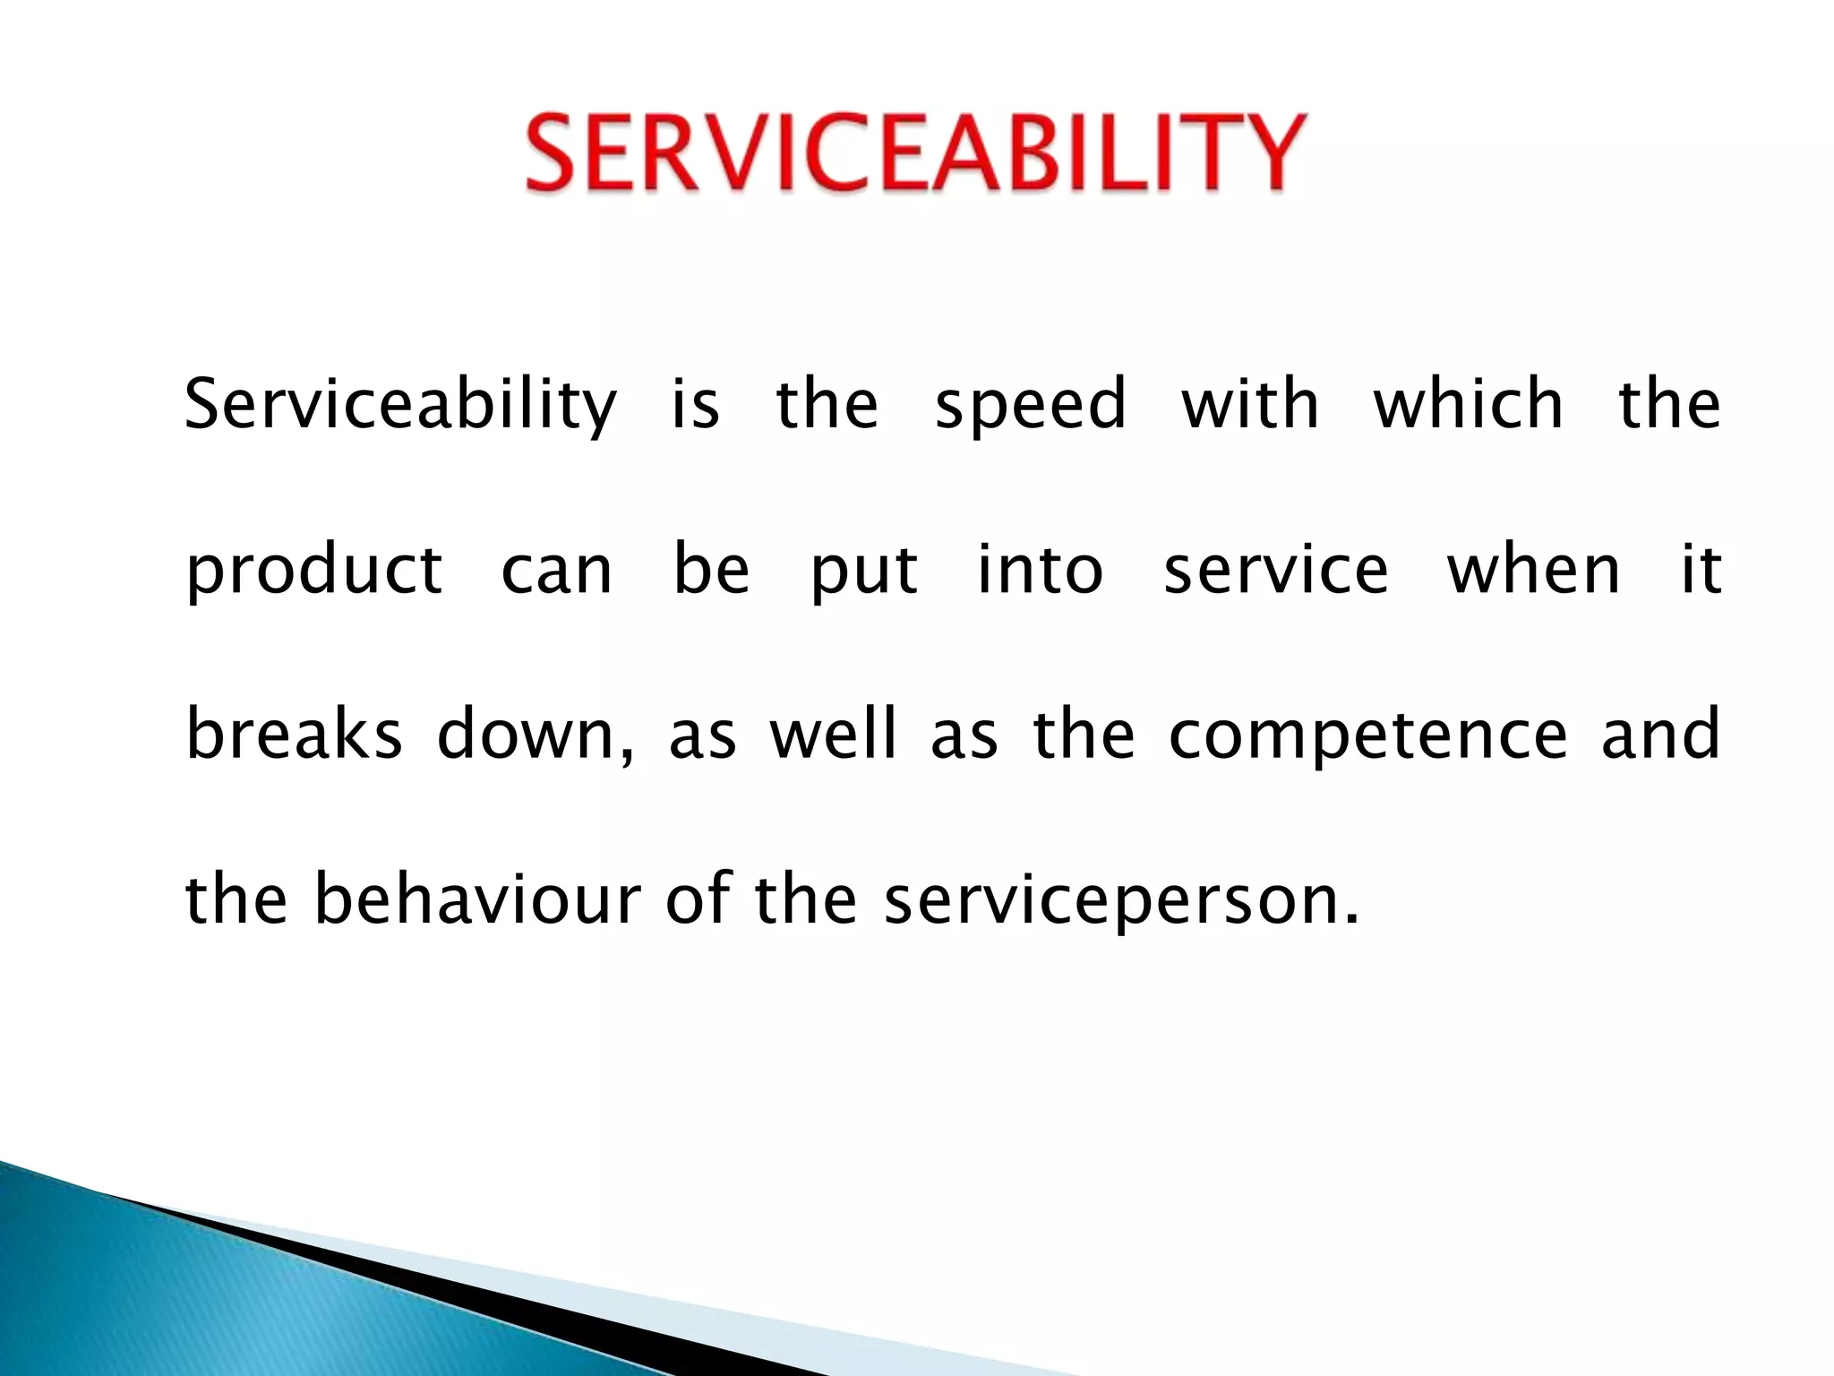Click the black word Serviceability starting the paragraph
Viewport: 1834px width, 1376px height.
click(x=400, y=405)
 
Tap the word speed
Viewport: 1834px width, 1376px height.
click(x=1030, y=405)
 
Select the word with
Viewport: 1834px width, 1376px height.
click(x=1250, y=405)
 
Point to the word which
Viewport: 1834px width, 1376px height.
click(x=1469, y=405)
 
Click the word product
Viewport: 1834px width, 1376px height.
click(x=313, y=572)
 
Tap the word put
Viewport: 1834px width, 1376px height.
click(x=863, y=572)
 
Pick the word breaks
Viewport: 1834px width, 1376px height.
click(x=294, y=735)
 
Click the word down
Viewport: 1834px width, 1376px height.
click(x=535, y=735)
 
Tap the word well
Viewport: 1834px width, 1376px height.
click(x=833, y=735)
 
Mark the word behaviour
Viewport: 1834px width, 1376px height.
click(x=477, y=899)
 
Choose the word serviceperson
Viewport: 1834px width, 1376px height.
click(x=1121, y=901)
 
